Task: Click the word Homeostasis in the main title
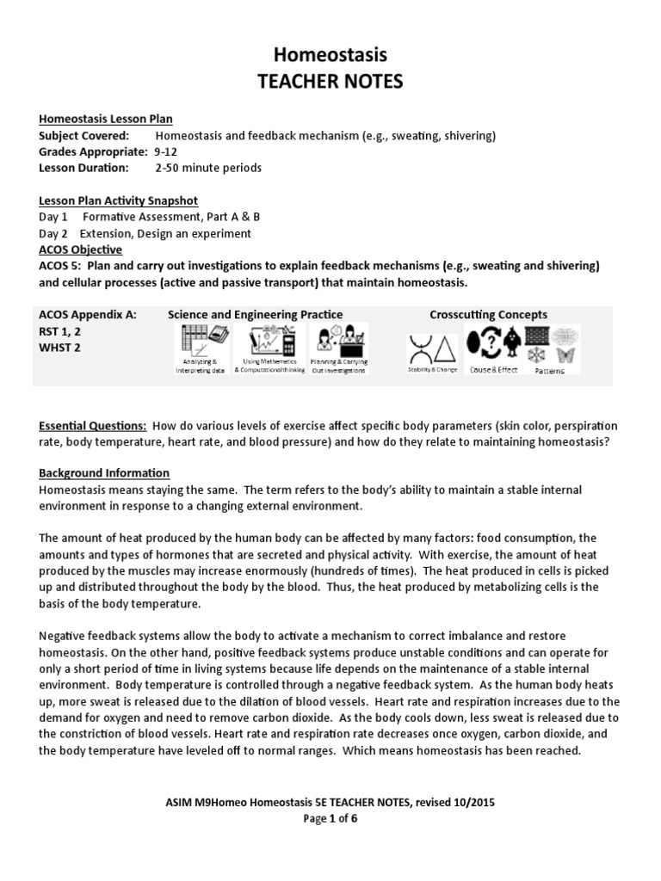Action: pyautogui.click(x=330, y=55)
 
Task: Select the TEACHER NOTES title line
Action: pyautogui.click(x=330, y=82)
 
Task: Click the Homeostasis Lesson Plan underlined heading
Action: pyautogui.click(x=111, y=119)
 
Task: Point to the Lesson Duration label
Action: pyautogui.click(x=83, y=168)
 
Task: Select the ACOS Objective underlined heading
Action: pyautogui.click(x=81, y=250)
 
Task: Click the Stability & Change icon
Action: pyautogui.click(x=433, y=349)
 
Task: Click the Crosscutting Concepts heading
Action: pyautogui.click(x=488, y=315)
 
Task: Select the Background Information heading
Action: pyautogui.click(x=104, y=473)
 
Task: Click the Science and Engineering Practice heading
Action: pyautogui.click(x=255, y=315)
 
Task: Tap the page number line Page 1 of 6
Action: pyautogui.click(x=330, y=818)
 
